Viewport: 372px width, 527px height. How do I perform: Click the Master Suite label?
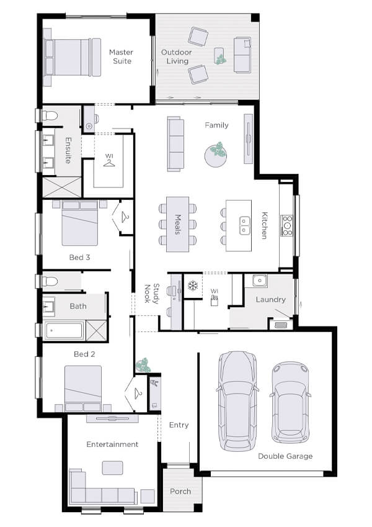click(x=122, y=56)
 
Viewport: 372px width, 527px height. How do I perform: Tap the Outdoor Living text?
click(x=175, y=56)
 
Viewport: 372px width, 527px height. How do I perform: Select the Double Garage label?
click(x=285, y=456)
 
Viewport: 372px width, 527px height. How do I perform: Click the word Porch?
click(x=180, y=492)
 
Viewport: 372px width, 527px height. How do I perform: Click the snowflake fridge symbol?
click(x=192, y=286)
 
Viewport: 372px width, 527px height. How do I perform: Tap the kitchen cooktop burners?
click(x=287, y=225)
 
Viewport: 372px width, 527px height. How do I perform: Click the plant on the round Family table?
click(x=218, y=150)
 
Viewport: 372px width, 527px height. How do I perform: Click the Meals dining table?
click(x=177, y=224)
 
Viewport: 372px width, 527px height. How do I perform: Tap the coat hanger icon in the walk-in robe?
click(x=110, y=162)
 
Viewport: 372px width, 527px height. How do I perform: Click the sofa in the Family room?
click(x=177, y=143)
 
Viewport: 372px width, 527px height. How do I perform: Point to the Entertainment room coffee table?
click(x=112, y=467)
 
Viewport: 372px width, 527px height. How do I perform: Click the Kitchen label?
click(x=264, y=225)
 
